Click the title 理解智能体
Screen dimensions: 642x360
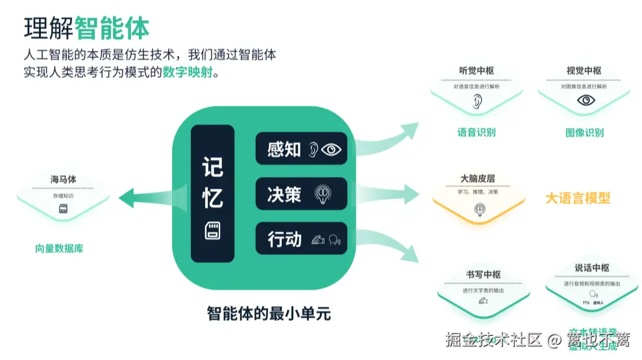tap(86, 28)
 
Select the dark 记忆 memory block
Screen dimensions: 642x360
tap(212, 193)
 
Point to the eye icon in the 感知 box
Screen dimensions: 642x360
tap(332, 150)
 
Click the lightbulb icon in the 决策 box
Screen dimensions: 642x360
tap(323, 194)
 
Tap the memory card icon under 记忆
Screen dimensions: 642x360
tap(212, 230)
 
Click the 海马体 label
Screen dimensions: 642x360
tap(64, 179)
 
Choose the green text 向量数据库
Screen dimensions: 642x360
tap(59, 248)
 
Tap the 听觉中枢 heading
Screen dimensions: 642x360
tap(476, 71)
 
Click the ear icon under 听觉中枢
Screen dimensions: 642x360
tap(477, 101)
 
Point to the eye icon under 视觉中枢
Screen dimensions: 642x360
tap(586, 100)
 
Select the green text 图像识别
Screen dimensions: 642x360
tap(584, 133)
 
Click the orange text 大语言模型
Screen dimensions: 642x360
tap(578, 198)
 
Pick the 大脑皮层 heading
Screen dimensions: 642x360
tap(478, 178)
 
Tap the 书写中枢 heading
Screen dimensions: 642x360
tap(483, 275)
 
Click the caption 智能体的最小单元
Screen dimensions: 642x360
tap(269, 314)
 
